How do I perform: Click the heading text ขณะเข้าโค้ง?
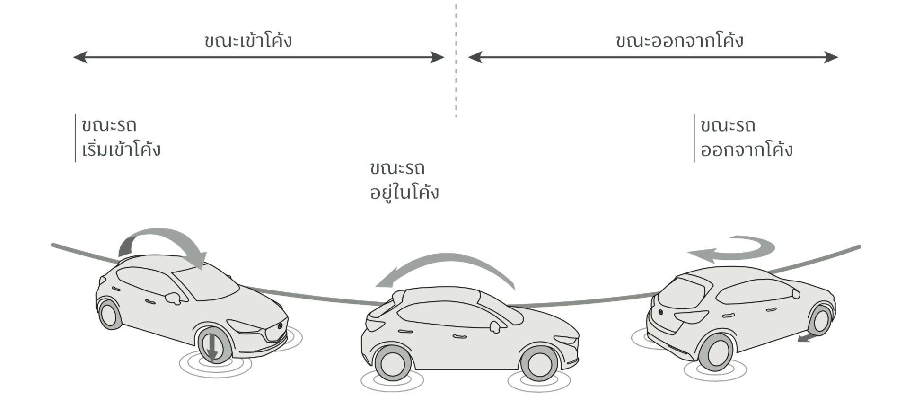[248, 41]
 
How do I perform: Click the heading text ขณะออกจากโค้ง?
[679, 41]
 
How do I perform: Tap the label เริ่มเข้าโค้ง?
[121, 149]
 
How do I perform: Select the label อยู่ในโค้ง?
[404, 193]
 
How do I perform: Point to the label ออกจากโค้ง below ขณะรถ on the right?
[747, 149]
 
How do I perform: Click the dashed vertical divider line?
[456, 62]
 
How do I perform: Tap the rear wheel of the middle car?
[392, 363]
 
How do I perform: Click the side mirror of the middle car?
[495, 326]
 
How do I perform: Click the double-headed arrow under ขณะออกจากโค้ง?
[653, 57]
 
